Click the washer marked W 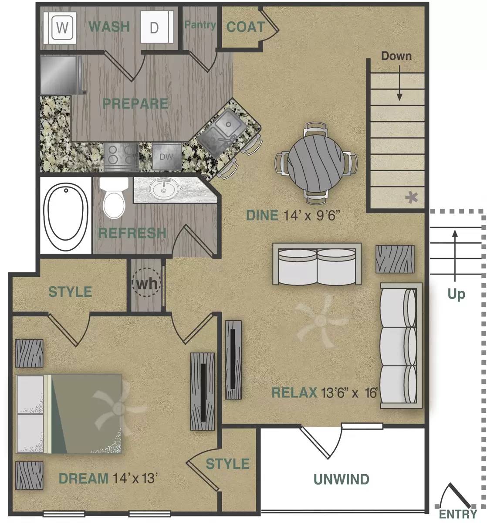[62, 28]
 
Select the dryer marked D [154, 28]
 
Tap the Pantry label [200, 25]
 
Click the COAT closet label [245, 27]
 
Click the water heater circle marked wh [146, 283]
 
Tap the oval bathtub [66, 213]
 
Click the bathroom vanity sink [164, 189]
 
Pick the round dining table [315, 163]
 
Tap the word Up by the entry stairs [456, 295]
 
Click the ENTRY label [457, 514]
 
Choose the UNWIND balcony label [341, 479]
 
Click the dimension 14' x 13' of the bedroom [134, 478]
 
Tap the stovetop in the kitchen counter [121, 156]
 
